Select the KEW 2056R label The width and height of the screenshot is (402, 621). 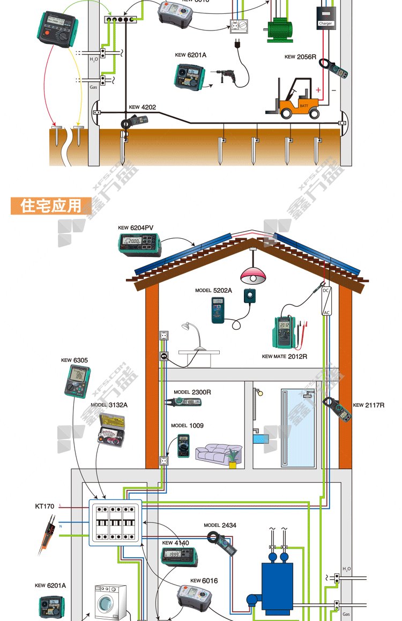coord(300,57)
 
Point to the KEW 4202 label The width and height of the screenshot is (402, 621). coord(142,107)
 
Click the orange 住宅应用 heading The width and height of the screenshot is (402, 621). coord(51,206)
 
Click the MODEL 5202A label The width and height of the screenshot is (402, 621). coord(213,290)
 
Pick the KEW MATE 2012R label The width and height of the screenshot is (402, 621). coord(284,356)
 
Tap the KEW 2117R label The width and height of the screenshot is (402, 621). coord(368,405)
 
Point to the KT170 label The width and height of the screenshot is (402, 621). coord(44,506)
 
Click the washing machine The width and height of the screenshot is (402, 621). coord(110,602)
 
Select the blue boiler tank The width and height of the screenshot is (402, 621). coord(277,586)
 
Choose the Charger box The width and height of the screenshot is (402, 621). coord(325,16)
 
